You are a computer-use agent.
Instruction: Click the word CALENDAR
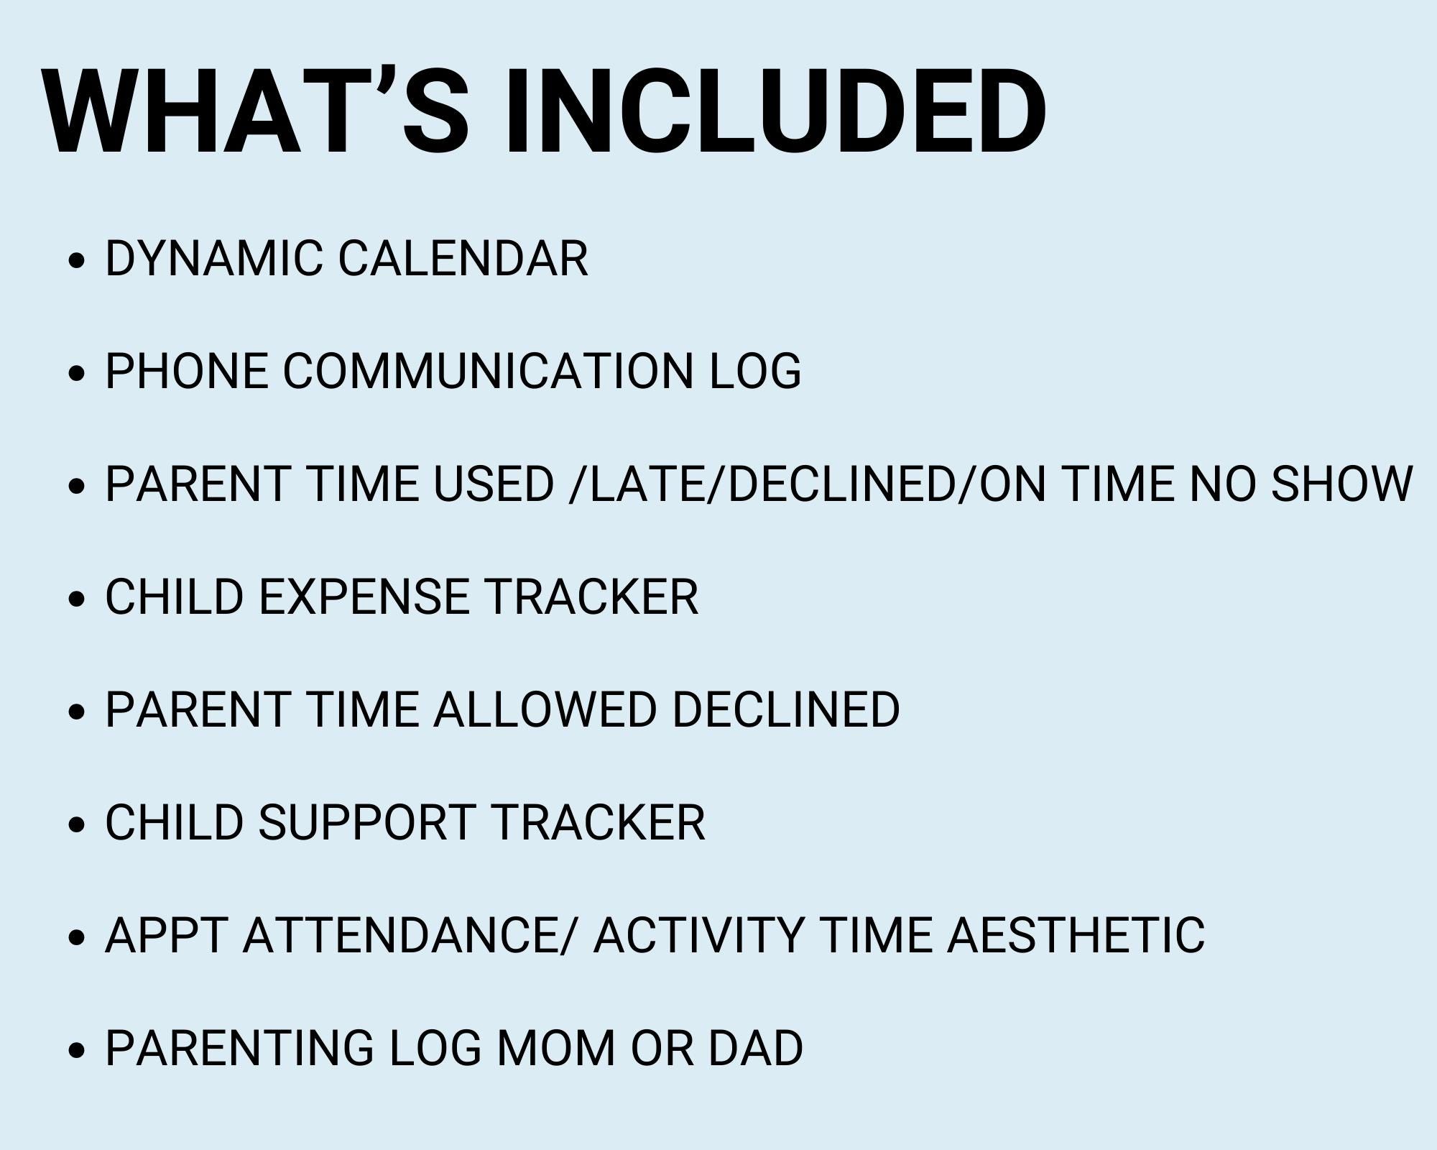(463, 258)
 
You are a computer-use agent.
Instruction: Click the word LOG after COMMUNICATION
(754, 371)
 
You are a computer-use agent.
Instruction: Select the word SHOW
(1341, 484)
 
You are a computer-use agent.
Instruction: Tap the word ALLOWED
(545, 709)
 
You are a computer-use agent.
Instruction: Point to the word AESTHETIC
(1075, 935)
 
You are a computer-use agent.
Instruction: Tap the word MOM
(555, 1048)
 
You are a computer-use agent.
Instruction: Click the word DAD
(755, 1048)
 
